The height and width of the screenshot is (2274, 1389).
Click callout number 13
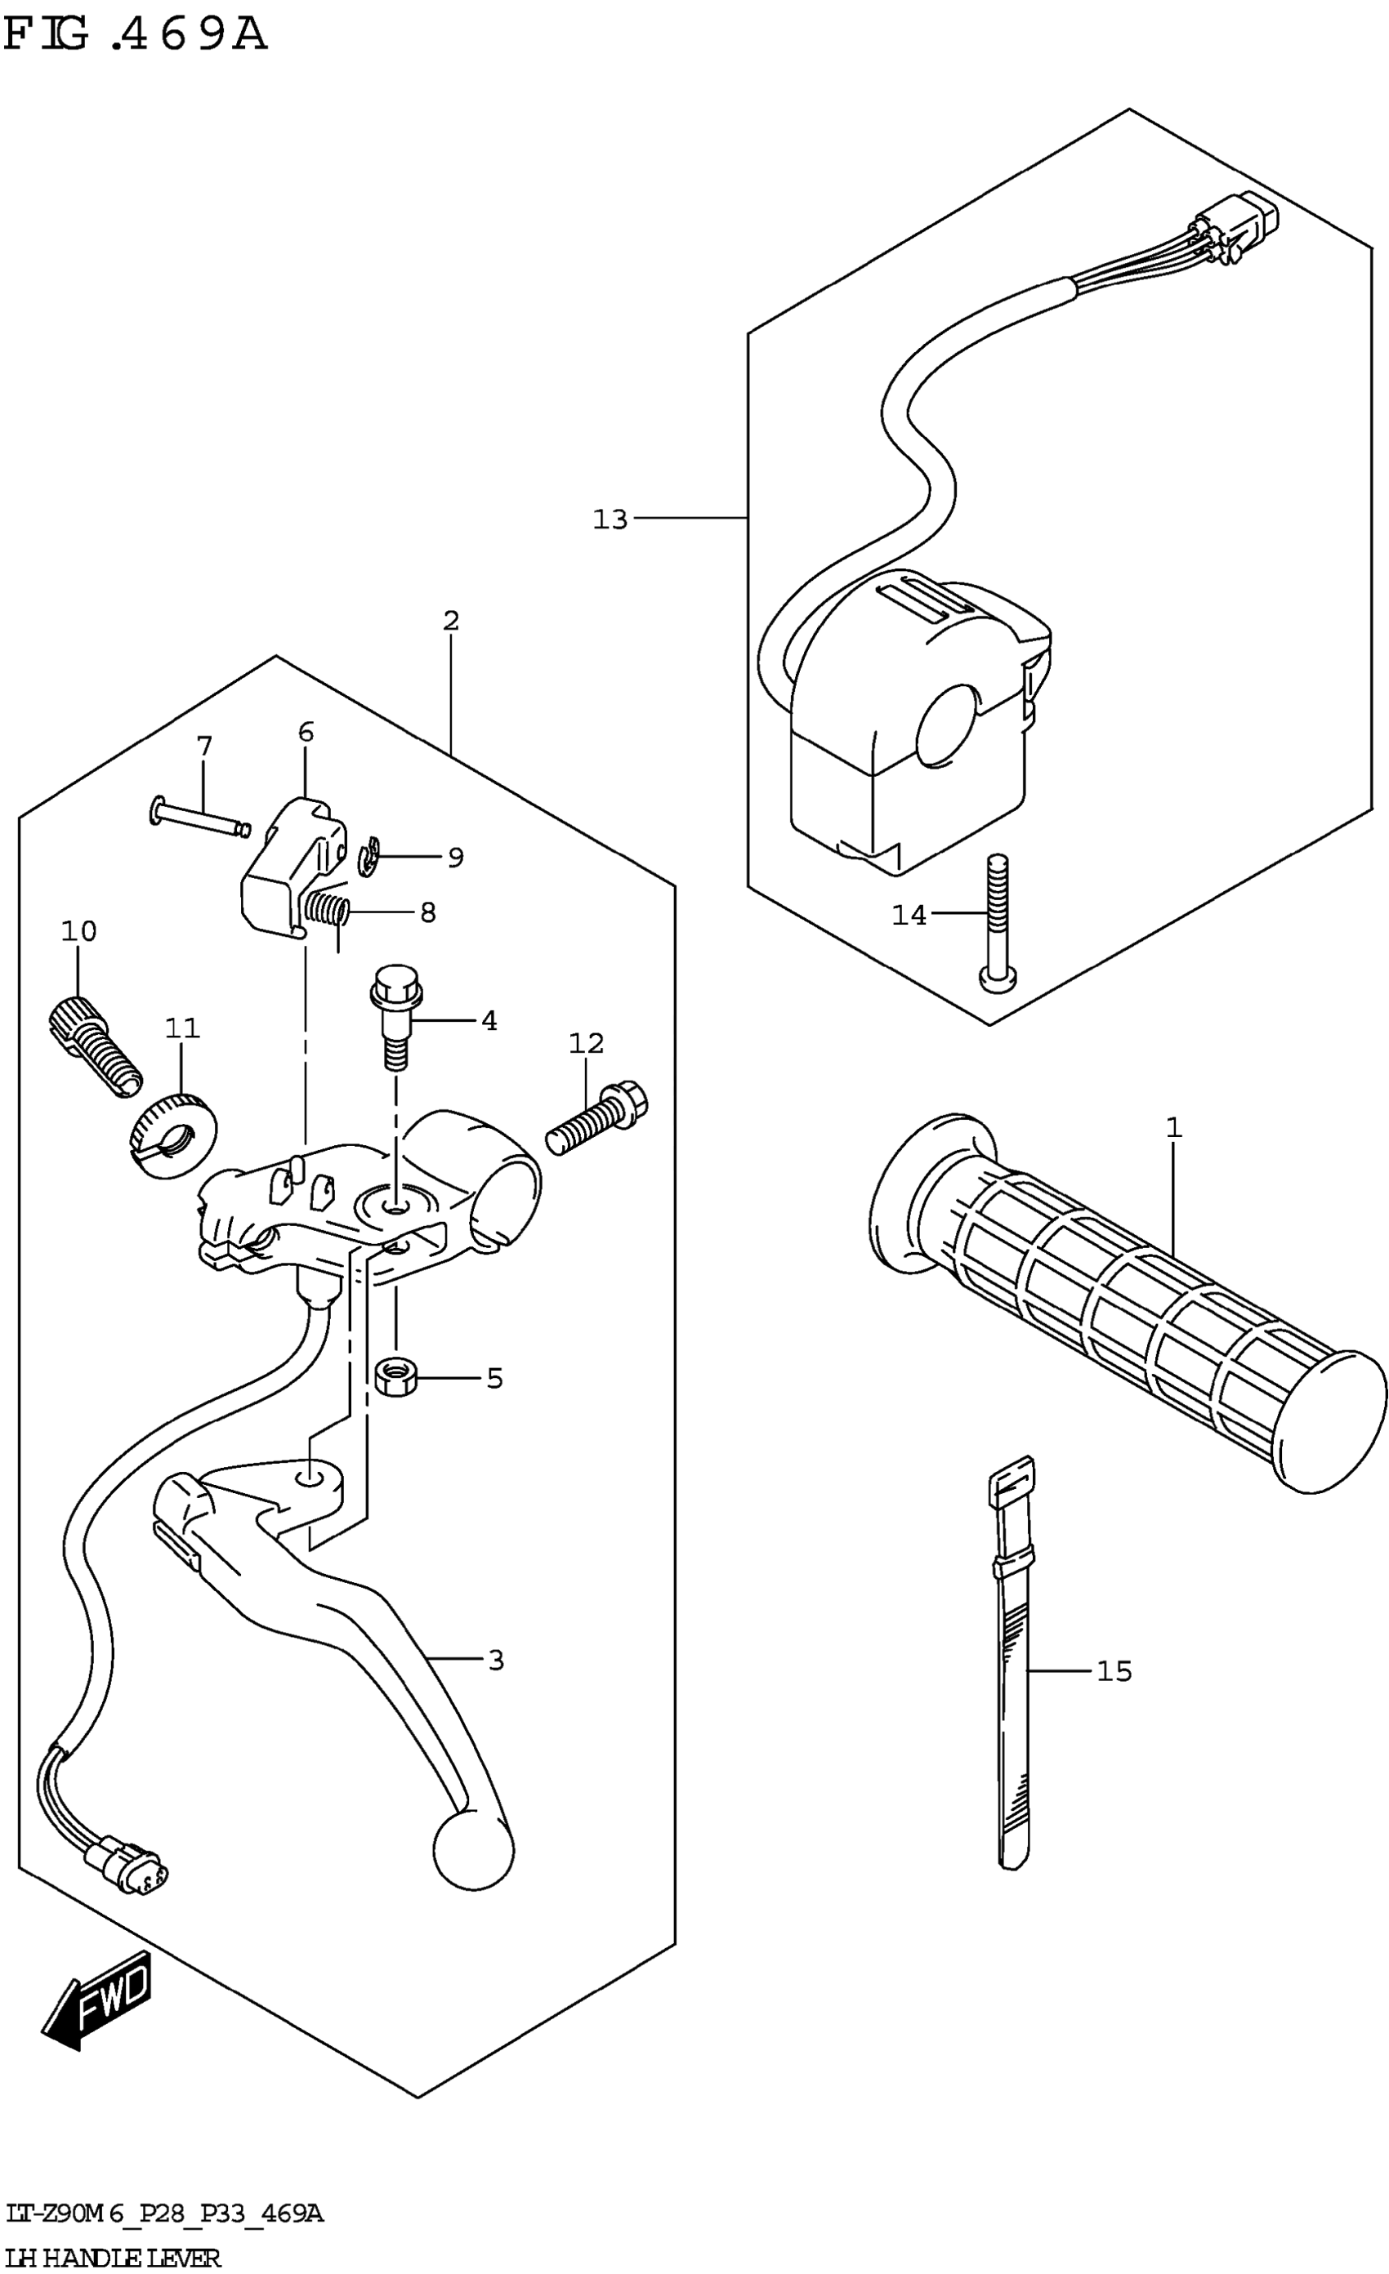[610, 519]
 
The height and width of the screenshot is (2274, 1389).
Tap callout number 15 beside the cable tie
[1114, 1670]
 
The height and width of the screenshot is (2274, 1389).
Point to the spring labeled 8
[328, 910]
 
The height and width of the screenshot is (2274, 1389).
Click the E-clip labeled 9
[369, 858]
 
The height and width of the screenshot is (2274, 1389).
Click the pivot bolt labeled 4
[396, 1014]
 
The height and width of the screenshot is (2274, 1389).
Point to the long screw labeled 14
[998, 923]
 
